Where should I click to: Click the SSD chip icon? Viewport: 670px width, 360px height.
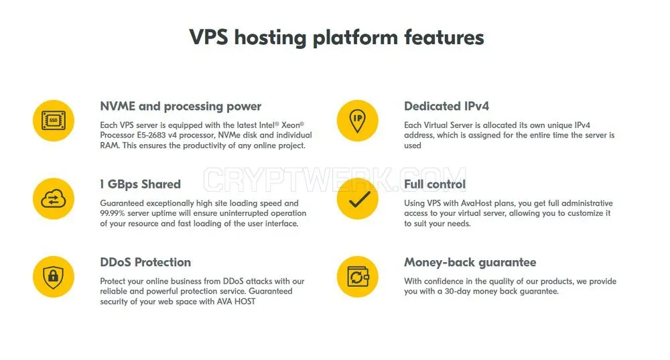(x=54, y=121)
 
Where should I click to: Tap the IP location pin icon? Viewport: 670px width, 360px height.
(x=357, y=121)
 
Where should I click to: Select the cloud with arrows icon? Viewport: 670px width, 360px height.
(x=54, y=199)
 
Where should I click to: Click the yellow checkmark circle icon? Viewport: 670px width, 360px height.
(x=357, y=199)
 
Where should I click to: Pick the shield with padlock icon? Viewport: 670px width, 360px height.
(x=54, y=277)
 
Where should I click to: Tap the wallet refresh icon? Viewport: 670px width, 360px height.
(x=357, y=277)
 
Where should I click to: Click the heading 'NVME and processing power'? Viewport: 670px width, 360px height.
(x=180, y=107)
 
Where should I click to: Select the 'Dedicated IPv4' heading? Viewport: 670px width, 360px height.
(x=446, y=106)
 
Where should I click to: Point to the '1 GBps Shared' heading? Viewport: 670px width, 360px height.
(x=140, y=184)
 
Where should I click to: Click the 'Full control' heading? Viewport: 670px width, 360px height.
(x=435, y=184)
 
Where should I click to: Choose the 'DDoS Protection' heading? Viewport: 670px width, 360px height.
(x=145, y=262)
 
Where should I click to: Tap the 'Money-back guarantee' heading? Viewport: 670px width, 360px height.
(x=470, y=263)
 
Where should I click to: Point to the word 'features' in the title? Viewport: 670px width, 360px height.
(x=444, y=37)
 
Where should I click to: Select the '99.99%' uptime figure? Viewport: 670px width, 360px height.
(x=113, y=213)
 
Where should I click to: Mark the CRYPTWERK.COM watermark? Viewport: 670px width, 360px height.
(x=334, y=180)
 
